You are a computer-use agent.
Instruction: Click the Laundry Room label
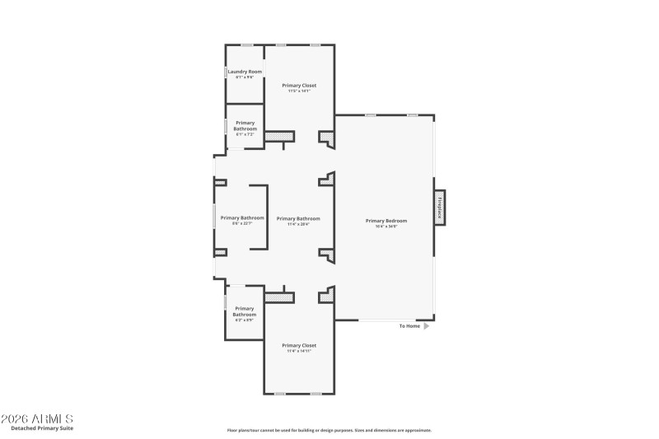tap(245, 72)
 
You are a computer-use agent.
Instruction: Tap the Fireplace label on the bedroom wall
tap(440, 206)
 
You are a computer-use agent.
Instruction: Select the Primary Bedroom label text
tap(386, 220)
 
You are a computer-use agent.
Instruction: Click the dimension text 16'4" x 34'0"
tap(386, 226)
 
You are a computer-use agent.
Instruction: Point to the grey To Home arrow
tap(427, 326)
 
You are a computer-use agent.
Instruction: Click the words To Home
tap(409, 326)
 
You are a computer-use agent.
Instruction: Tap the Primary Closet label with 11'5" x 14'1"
tap(299, 85)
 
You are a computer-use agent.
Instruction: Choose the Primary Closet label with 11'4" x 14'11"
tap(299, 345)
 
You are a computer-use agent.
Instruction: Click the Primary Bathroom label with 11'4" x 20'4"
tap(298, 218)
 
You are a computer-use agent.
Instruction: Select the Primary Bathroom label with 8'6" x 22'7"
tap(242, 218)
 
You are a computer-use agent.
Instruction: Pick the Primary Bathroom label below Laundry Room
tap(245, 125)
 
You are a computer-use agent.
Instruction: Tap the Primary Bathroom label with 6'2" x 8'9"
tap(245, 311)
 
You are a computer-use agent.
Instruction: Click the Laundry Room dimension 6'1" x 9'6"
tap(245, 77)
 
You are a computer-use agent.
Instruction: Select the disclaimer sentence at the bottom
tap(329, 430)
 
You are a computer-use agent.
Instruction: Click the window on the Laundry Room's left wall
tap(227, 72)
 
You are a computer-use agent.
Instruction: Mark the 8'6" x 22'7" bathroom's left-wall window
tap(215, 218)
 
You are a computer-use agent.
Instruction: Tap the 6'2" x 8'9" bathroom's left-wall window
tap(226, 302)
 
